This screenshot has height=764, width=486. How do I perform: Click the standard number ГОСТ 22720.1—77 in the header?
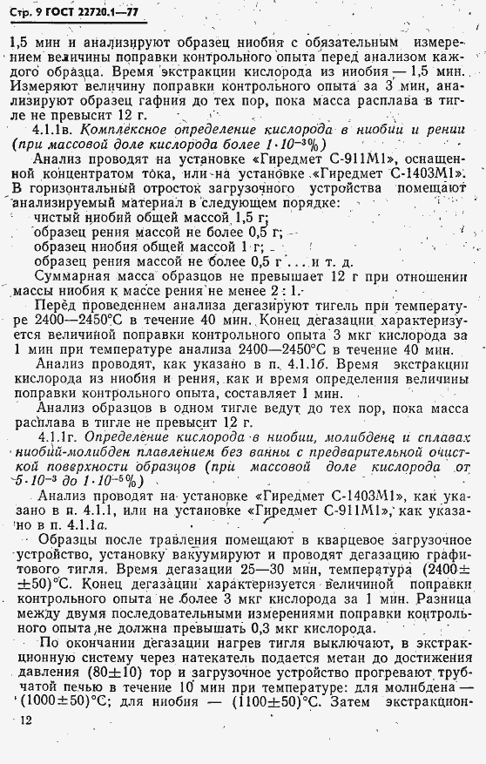[85, 11]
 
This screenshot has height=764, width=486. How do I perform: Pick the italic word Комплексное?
[132, 129]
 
